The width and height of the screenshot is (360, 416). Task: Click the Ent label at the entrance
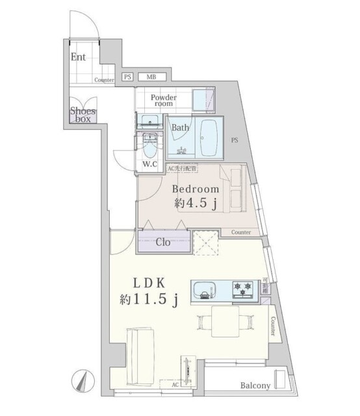78,57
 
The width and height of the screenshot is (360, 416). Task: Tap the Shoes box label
83,115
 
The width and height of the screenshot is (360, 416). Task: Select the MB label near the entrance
151,77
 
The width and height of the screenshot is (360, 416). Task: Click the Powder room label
163,100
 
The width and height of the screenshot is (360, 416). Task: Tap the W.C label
150,164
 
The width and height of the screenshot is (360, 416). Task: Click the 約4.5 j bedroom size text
196,203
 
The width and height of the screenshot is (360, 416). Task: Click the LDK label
153,283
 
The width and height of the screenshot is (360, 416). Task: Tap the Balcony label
255,385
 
